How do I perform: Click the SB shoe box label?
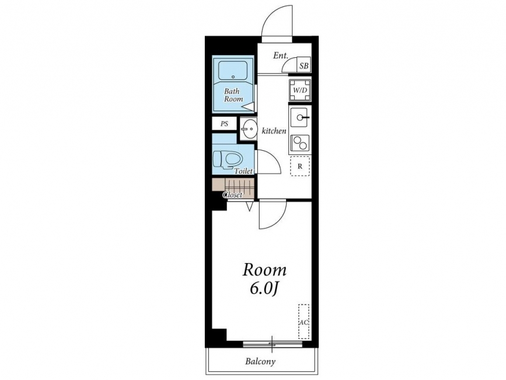tap(303, 66)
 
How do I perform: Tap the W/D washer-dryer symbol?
tap(300, 90)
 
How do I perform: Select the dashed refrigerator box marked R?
tap(300, 166)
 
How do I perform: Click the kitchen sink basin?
tap(300, 118)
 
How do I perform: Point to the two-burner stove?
tap(300, 143)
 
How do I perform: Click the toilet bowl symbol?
tap(228, 159)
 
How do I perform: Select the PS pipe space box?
tap(224, 124)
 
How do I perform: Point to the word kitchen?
tap(274, 131)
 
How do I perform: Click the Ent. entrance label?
tap(280, 56)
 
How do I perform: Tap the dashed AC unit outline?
tap(303, 322)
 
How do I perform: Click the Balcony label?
tap(260, 361)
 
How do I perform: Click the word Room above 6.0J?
tap(264, 270)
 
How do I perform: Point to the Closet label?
tap(233, 195)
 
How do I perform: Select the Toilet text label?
tap(243, 171)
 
